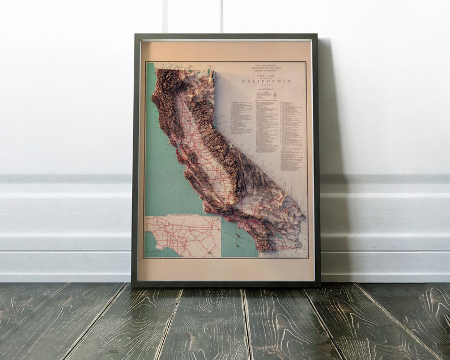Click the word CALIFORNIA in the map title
[x=266, y=81]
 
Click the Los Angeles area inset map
[x=182, y=237]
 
